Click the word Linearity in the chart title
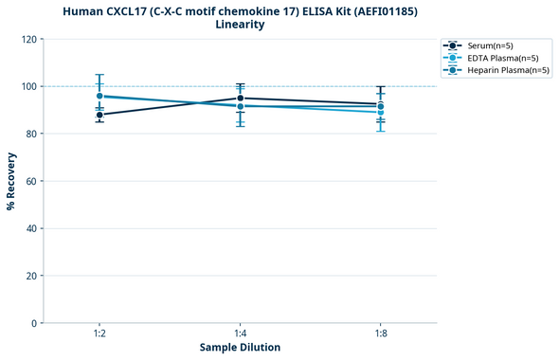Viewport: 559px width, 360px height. [240, 25]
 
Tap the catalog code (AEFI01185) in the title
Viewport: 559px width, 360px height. [364, 10]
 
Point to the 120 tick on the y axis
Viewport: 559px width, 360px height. [30, 39]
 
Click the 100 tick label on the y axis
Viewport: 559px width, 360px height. [30, 86]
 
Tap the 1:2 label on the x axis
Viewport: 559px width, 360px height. [99, 334]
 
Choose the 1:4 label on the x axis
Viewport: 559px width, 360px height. [240, 334]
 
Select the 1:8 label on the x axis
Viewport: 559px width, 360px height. [380, 334]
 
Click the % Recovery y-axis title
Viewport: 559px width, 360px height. [12, 180]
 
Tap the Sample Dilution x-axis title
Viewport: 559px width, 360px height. [240, 348]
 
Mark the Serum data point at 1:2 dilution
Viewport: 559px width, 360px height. [99, 115]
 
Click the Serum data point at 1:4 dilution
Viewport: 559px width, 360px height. [240, 99]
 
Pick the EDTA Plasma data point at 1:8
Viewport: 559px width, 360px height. [380, 112]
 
